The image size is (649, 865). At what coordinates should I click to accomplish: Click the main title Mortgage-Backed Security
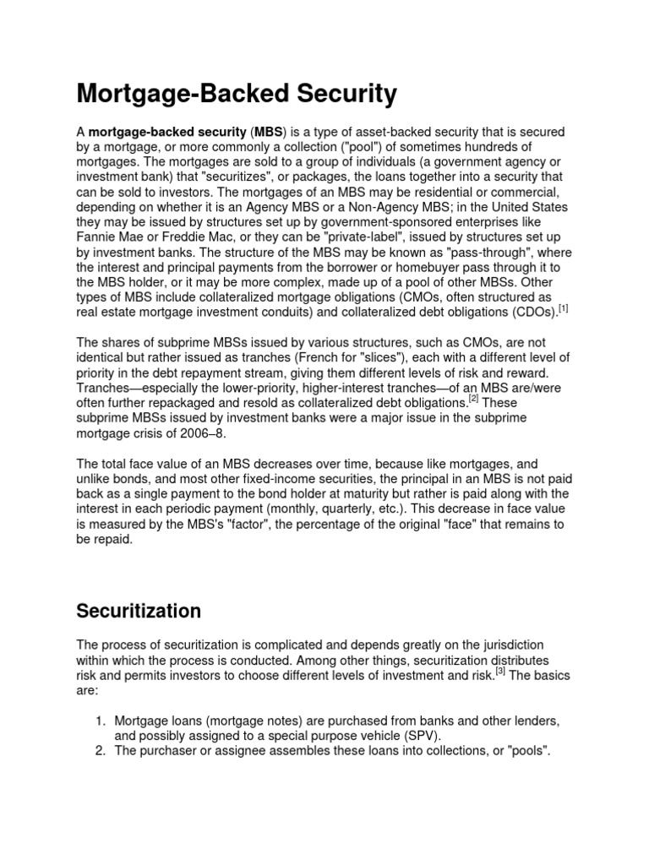point(237,94)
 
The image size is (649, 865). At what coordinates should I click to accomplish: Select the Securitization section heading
point(139,610)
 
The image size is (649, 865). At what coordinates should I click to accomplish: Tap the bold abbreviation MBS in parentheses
point(270,132)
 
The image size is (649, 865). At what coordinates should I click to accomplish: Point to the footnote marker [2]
point(475,399)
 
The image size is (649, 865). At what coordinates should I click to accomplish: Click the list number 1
point(98,720)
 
